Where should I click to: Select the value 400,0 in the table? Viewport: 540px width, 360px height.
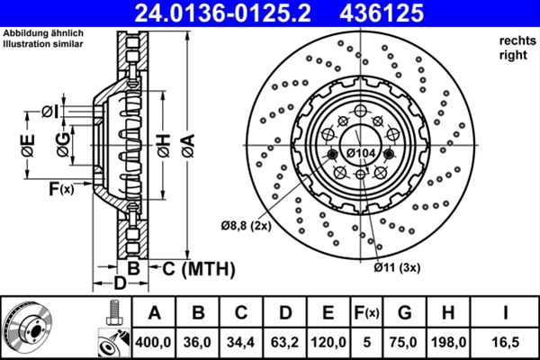click(x=154, y=343)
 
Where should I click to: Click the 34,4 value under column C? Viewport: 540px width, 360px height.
click(x=241, y=343)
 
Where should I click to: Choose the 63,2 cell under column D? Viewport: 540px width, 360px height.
click(x=285, y=343)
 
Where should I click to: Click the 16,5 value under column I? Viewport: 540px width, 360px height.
click(x=504, y=343)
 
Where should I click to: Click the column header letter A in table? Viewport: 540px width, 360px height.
click(x=154, y=313)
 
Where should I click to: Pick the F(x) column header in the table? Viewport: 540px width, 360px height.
click(x=366, y=313)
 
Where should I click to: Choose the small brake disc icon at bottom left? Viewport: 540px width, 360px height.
click(x=31, y=327)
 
